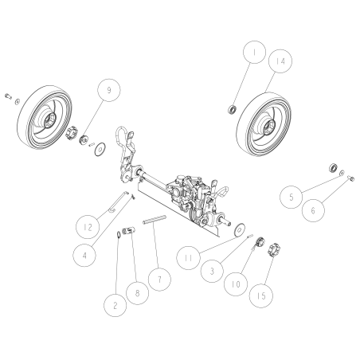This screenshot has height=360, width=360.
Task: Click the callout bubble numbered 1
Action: pos(254,53)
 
